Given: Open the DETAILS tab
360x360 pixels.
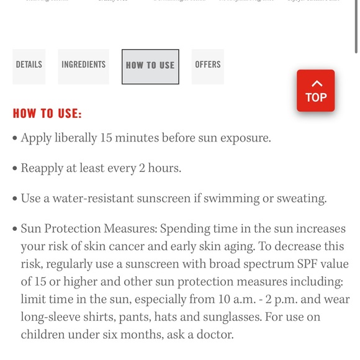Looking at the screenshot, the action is click(x=29, y=65).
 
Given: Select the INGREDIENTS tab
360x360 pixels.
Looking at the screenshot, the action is click(x=83, y=65).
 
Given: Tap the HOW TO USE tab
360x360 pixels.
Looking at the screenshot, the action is click(x=150, y=65).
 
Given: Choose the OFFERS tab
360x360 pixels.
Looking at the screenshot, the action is click(x=207, y=65).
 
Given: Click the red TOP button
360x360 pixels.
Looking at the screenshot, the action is click(x=315, y=91).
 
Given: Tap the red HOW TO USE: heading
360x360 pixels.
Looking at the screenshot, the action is click(x=47, y=114).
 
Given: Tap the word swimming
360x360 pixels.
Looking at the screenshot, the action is click(x=236, y=199).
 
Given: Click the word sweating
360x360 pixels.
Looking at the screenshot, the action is click(x=300, y=199).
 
